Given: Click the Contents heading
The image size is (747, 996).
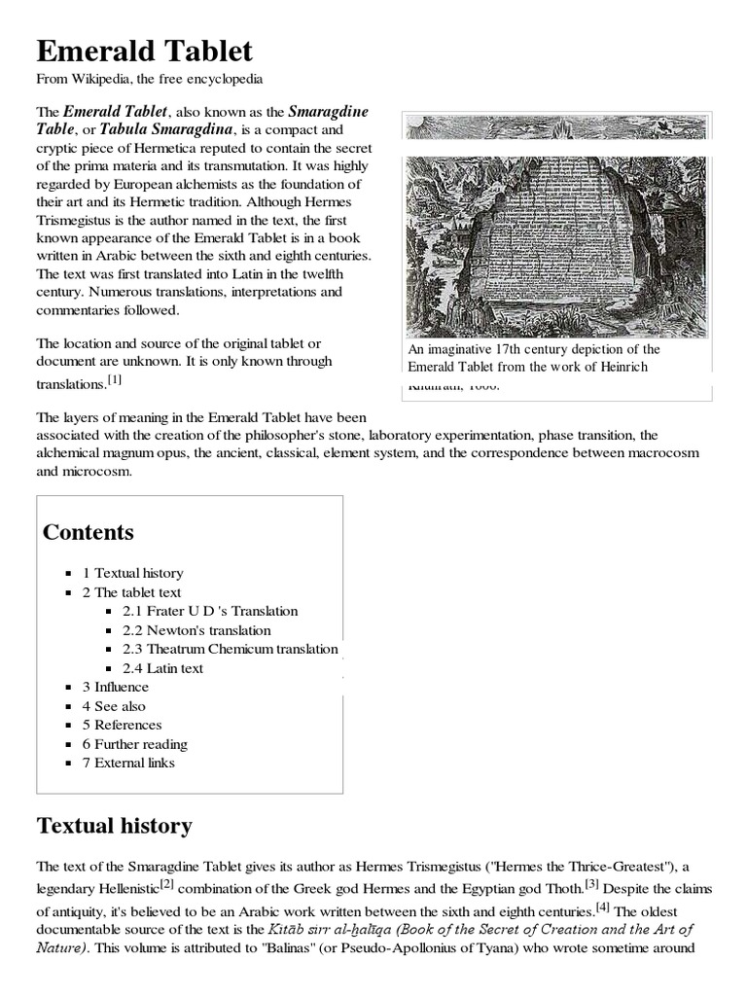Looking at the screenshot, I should coord(89,532).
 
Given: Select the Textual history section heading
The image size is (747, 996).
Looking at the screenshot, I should coord(114,826).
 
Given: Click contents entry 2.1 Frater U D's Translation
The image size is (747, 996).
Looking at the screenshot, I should coord(210,611).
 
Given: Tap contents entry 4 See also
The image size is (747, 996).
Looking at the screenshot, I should coord(114,706).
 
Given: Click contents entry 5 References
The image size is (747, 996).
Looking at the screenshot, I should coord(122,725).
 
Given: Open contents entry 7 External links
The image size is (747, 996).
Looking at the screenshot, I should coord(128,763).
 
